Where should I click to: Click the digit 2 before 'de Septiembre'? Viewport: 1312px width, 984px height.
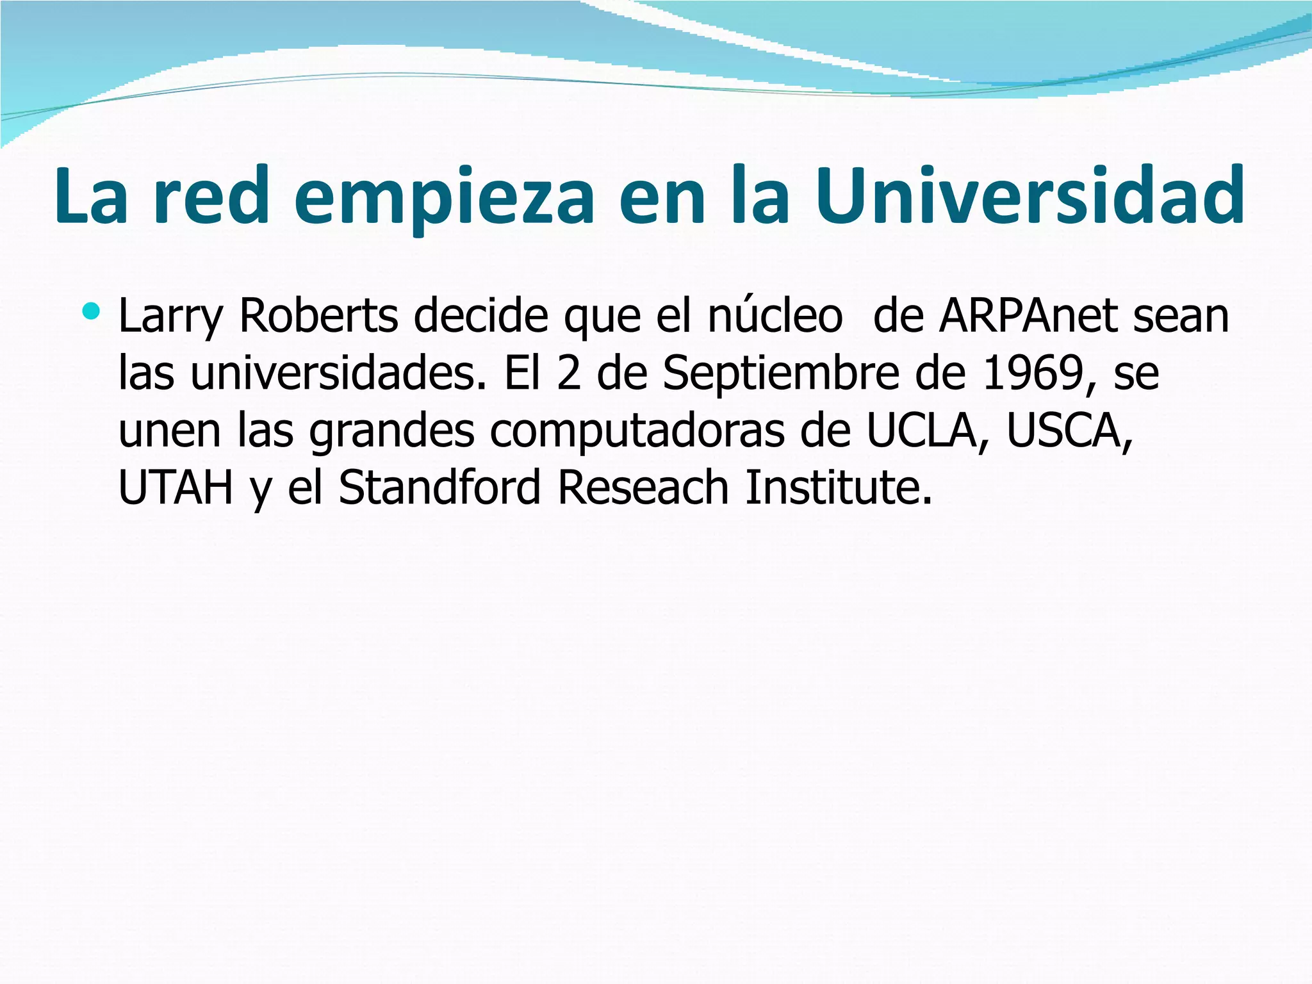[x=568, y=373]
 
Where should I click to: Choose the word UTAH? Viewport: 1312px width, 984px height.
[x=176, y=488]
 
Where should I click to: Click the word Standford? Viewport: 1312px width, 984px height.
[x=440, y=488]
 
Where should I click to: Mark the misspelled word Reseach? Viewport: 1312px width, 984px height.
[x=643, y=488]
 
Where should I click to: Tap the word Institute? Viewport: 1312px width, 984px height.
[x=838, y=488]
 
